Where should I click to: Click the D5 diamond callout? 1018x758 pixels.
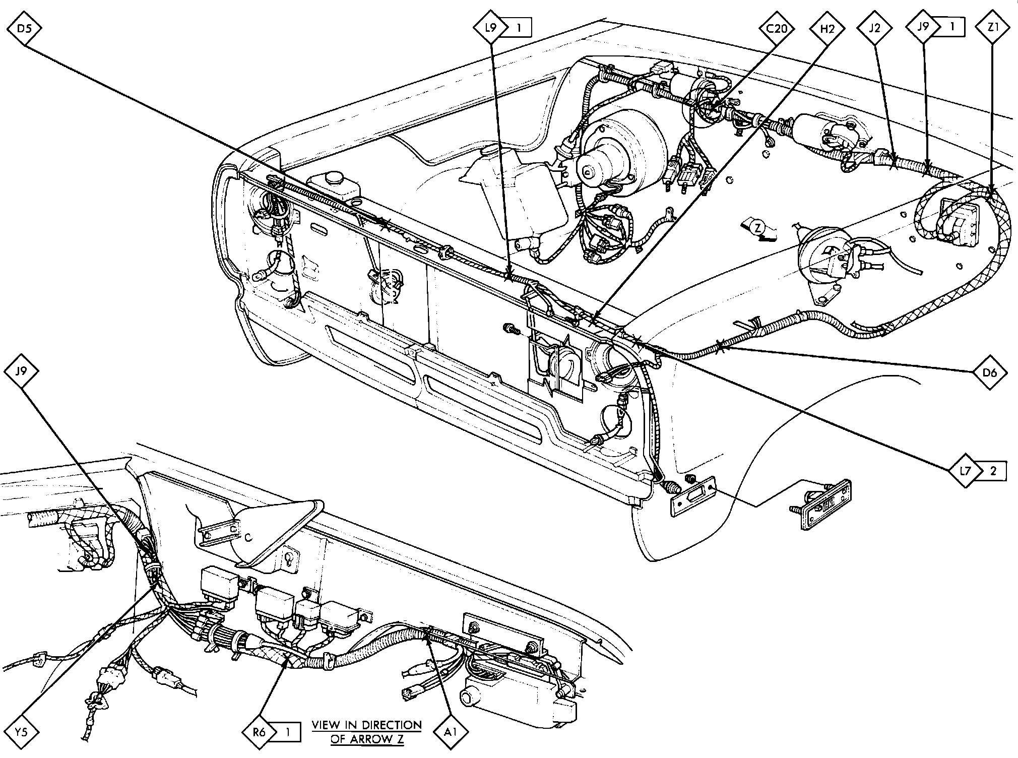tap(24, 28)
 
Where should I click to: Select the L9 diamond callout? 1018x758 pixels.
tap(490, 27)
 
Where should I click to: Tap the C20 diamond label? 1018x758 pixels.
tap(777, 28)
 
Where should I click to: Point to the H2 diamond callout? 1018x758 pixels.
tap(827, 28)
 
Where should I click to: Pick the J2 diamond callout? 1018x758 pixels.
tap(875, 28)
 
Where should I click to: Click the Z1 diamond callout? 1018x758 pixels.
tap(993, 28)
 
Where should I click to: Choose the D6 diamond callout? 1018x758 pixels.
tap(990, 373)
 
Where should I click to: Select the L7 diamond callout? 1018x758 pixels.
tap(965, 471)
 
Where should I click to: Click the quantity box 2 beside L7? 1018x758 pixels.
tap(993, 471)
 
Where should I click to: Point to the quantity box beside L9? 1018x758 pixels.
tap(518, 28)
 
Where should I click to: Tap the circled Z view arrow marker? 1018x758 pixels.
tap(757, 227)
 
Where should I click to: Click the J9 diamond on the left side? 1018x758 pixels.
tap(21, 372)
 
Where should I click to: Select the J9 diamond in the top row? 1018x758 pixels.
tap(923, 26)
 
